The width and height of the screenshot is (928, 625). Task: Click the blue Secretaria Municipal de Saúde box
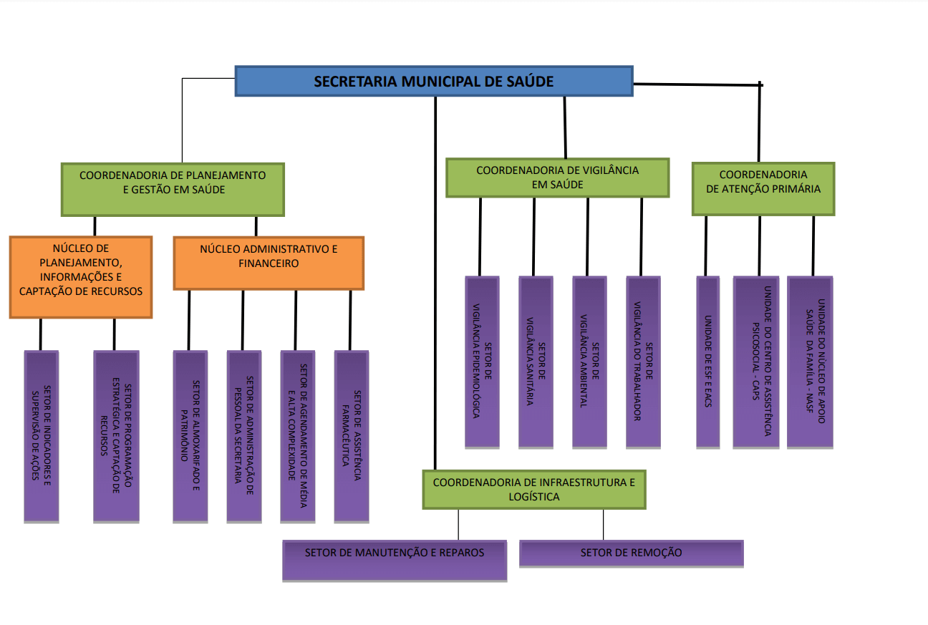(x=434, y=81)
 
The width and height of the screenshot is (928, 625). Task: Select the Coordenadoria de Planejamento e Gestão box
(x=173, y=189)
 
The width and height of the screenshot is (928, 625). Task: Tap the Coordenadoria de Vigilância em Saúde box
(x=557, y=178)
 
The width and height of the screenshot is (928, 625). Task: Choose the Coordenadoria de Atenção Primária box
(x=763, y=189)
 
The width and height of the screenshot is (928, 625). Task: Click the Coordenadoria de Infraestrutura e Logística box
(x=534, y=490)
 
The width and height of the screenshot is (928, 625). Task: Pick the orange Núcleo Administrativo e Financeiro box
(x=269, y=263)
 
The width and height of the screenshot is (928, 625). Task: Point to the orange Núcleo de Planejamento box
(x=81, y=277)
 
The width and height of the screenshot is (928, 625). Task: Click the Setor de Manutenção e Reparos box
(x=395, y=561)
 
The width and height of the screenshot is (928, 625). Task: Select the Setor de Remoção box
(x=631, y=553)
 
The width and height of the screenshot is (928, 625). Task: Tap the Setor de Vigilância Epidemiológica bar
(x=482, y=362)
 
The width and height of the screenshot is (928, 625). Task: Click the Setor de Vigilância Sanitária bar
(x=536, y=362)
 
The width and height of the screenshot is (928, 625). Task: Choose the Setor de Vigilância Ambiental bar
(x=589, y=362)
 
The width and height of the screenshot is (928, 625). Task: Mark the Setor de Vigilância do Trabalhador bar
(x=643, y=362)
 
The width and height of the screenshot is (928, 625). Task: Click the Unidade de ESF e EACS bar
(x=707, y=362)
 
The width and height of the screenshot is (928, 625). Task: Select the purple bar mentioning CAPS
(x=756, y=362)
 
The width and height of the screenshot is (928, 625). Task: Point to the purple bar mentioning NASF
(x=810, y=362)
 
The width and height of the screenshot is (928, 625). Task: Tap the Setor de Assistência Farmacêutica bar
(x=352, y=436)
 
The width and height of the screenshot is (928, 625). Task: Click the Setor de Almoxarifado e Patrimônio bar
(x=190, y=436)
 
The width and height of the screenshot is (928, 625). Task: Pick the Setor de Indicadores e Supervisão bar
(x=42, y=436)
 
